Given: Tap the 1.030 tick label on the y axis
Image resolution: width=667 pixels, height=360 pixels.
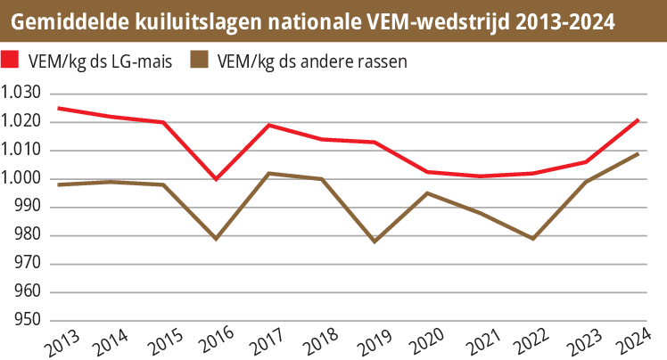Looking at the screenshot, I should (22, 93).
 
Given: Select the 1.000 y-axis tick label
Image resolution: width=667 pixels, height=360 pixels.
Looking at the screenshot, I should (22, 178).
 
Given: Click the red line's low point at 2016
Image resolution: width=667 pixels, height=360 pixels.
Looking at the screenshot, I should (216, 178).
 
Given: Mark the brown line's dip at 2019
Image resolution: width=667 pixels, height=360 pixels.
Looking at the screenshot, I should (374, 241).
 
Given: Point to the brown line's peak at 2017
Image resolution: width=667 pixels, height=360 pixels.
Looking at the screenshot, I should (269, 173).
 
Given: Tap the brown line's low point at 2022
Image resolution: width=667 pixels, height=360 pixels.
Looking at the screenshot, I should (532, 239).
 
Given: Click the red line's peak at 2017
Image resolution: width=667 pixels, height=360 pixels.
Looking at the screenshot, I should (269, 125).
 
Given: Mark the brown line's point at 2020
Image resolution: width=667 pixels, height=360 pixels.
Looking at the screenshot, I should (427, 192).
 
